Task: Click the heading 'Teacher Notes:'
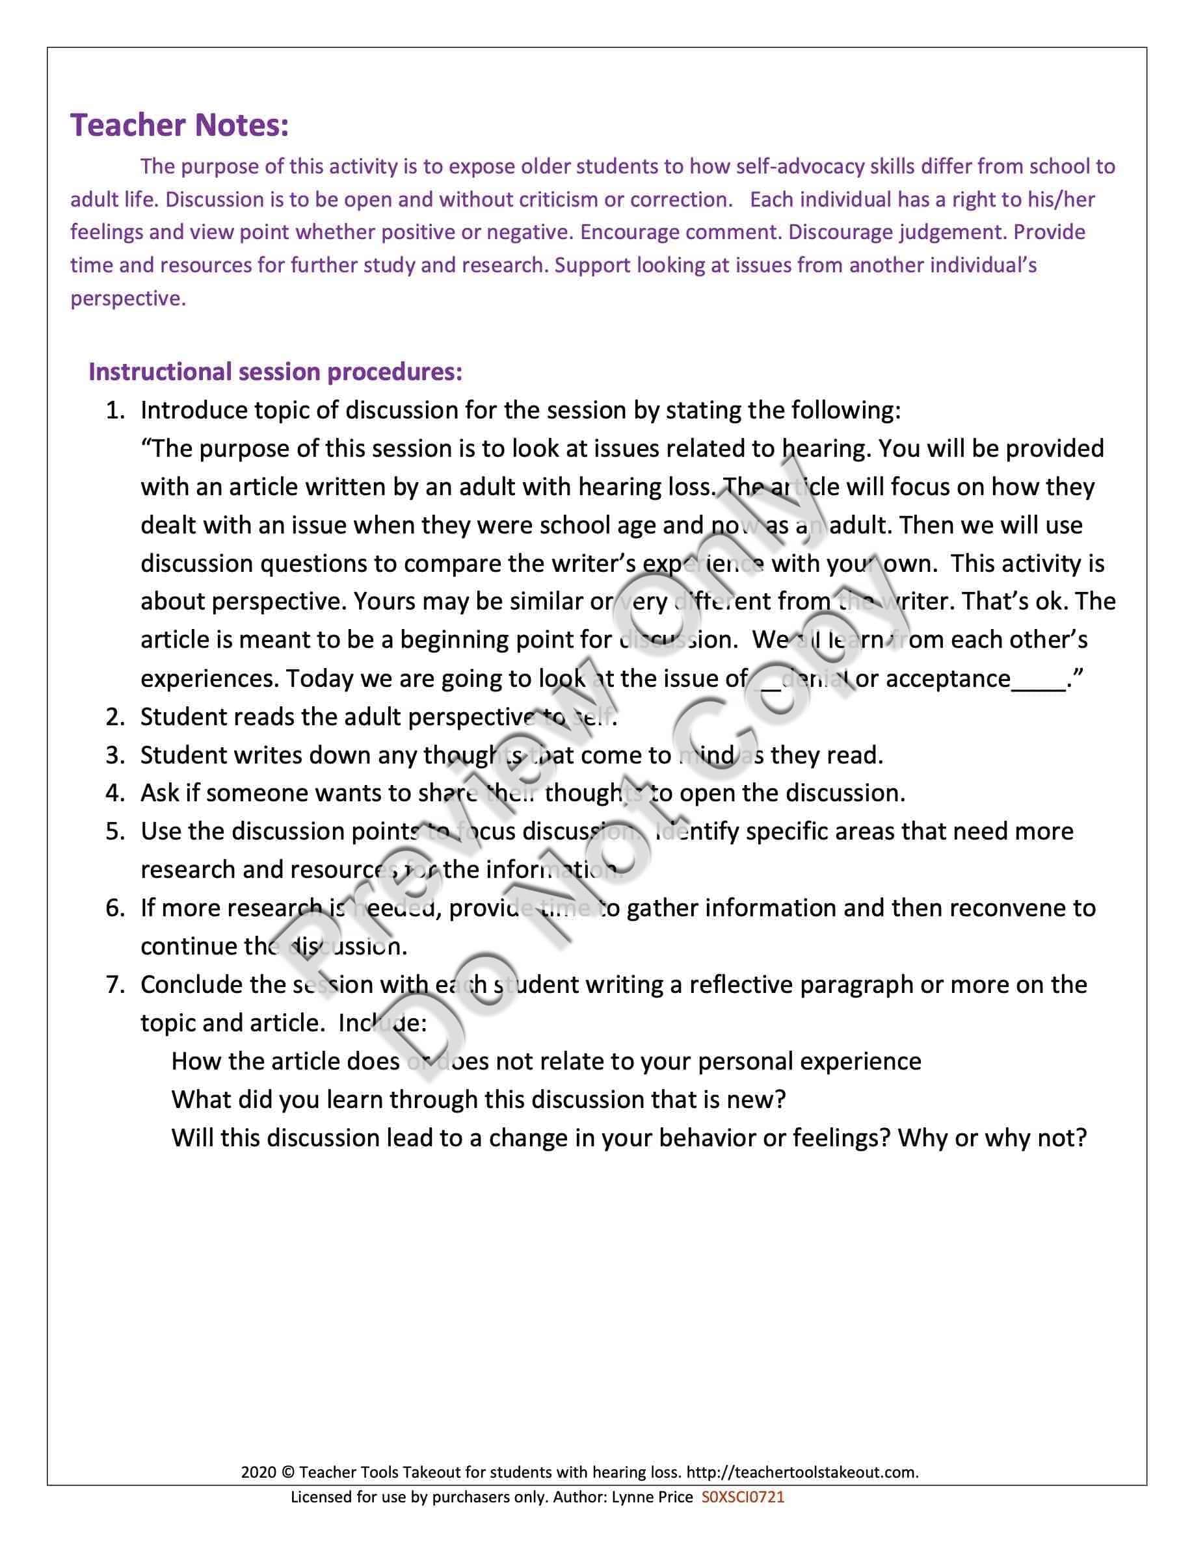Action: click(179, 125)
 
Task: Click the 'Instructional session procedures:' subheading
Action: click(275, 372)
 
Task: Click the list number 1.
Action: click(114, 411)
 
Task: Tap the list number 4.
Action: click(114, 793)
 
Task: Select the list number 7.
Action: click(114, 984)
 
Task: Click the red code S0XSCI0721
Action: click(743, 1497)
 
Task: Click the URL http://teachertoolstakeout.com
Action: click(802, 1473)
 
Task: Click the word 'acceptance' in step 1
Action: click(947, 678)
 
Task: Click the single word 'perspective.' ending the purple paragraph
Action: click(128, 298)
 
